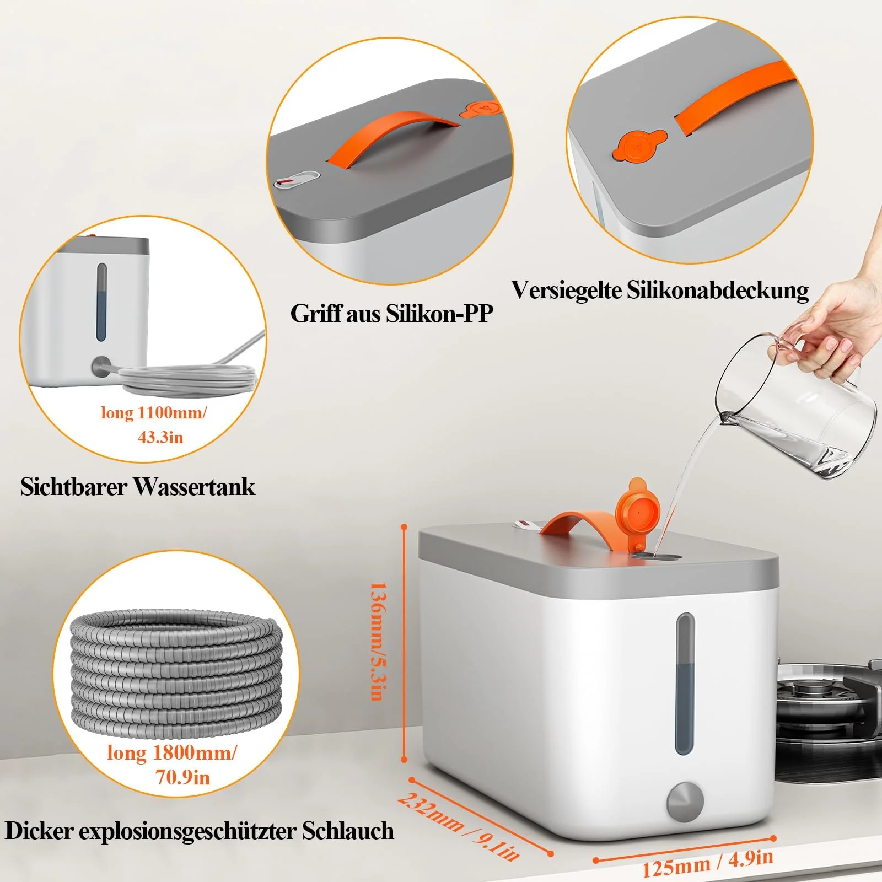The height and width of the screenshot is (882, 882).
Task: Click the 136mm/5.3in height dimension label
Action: click(377, 641)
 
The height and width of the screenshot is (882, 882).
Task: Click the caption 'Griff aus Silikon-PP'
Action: click(391, 313)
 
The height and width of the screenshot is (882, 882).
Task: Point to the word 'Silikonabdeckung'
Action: click(718, 291)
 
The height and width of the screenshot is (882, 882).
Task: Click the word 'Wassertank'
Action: click(194, 487)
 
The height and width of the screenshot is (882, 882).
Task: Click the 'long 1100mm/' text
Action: click(154, 412)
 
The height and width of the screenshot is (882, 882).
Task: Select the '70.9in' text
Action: click(182, 777)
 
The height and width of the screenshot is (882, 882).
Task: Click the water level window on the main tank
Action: click(685, 684)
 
